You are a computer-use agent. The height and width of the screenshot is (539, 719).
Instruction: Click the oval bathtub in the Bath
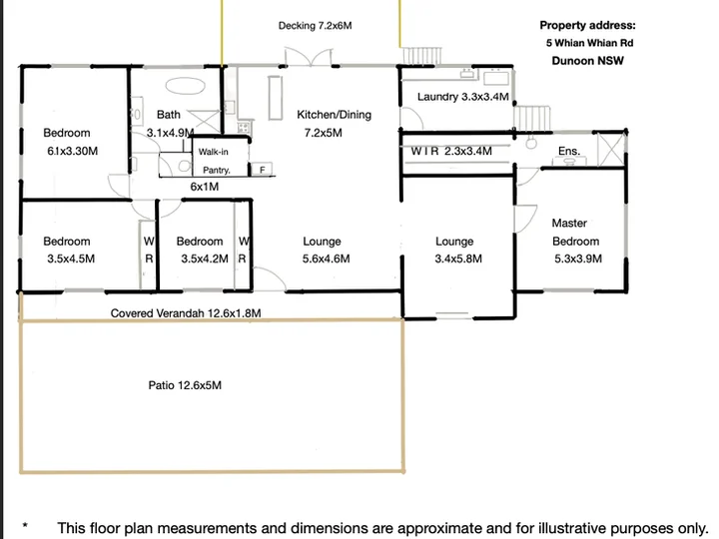[185, 86]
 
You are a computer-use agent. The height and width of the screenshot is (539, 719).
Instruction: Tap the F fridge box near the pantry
[263, 170]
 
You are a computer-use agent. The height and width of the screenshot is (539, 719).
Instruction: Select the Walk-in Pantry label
[214, 161]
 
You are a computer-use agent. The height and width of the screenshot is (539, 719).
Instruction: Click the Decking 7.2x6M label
[315, 26]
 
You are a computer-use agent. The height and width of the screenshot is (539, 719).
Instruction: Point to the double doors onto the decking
[309, 57]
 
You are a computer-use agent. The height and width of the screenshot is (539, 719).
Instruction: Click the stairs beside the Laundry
[532, 118]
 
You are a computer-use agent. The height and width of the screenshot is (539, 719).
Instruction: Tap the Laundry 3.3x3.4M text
[463, 97]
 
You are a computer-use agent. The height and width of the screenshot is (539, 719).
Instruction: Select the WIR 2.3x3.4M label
[451, 151]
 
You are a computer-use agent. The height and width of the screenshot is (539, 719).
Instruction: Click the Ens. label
[569, 151]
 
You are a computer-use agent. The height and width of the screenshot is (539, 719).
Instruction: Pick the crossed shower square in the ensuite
[612, 150]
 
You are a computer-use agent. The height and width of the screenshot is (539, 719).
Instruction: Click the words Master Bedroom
[575, 232]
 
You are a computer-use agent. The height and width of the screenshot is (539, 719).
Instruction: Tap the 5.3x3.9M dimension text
[578, 259]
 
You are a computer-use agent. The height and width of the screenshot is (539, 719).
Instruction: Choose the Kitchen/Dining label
[334, 115]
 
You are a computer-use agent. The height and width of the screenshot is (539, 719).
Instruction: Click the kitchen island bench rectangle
[276, 98]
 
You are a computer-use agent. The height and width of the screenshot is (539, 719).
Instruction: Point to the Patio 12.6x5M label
[185, 385]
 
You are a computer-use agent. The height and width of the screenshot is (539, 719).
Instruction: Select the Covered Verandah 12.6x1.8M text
[186, 313]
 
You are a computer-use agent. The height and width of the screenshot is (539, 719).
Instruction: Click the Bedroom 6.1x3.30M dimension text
[73, 151]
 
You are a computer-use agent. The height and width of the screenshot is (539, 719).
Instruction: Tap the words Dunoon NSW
[587, 61]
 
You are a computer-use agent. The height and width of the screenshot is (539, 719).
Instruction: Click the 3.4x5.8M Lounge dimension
[458, 259]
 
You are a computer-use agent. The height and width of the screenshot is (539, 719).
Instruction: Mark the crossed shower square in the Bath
[205, 122]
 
